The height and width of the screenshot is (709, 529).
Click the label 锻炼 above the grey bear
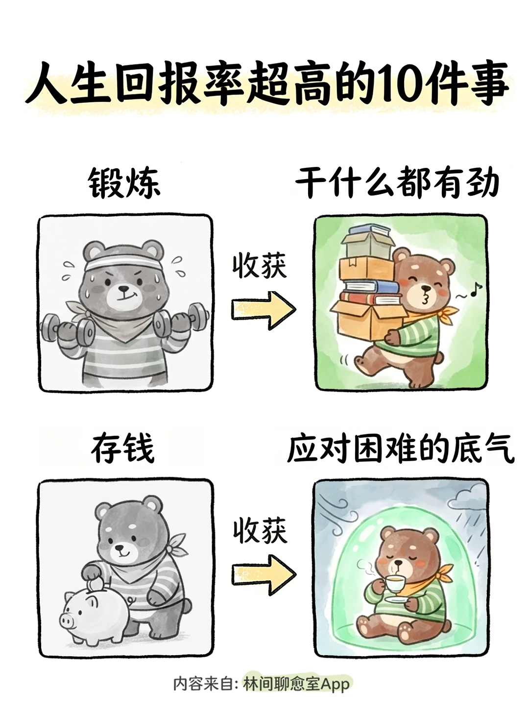(124, 183)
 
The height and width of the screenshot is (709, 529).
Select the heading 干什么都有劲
(397, 182)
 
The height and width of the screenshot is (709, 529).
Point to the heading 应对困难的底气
(400, 449)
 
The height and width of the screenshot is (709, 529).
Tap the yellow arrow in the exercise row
(264, 310)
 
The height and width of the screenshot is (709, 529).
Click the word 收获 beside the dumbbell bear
(260, 266)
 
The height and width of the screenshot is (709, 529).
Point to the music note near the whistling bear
(475, 289)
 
